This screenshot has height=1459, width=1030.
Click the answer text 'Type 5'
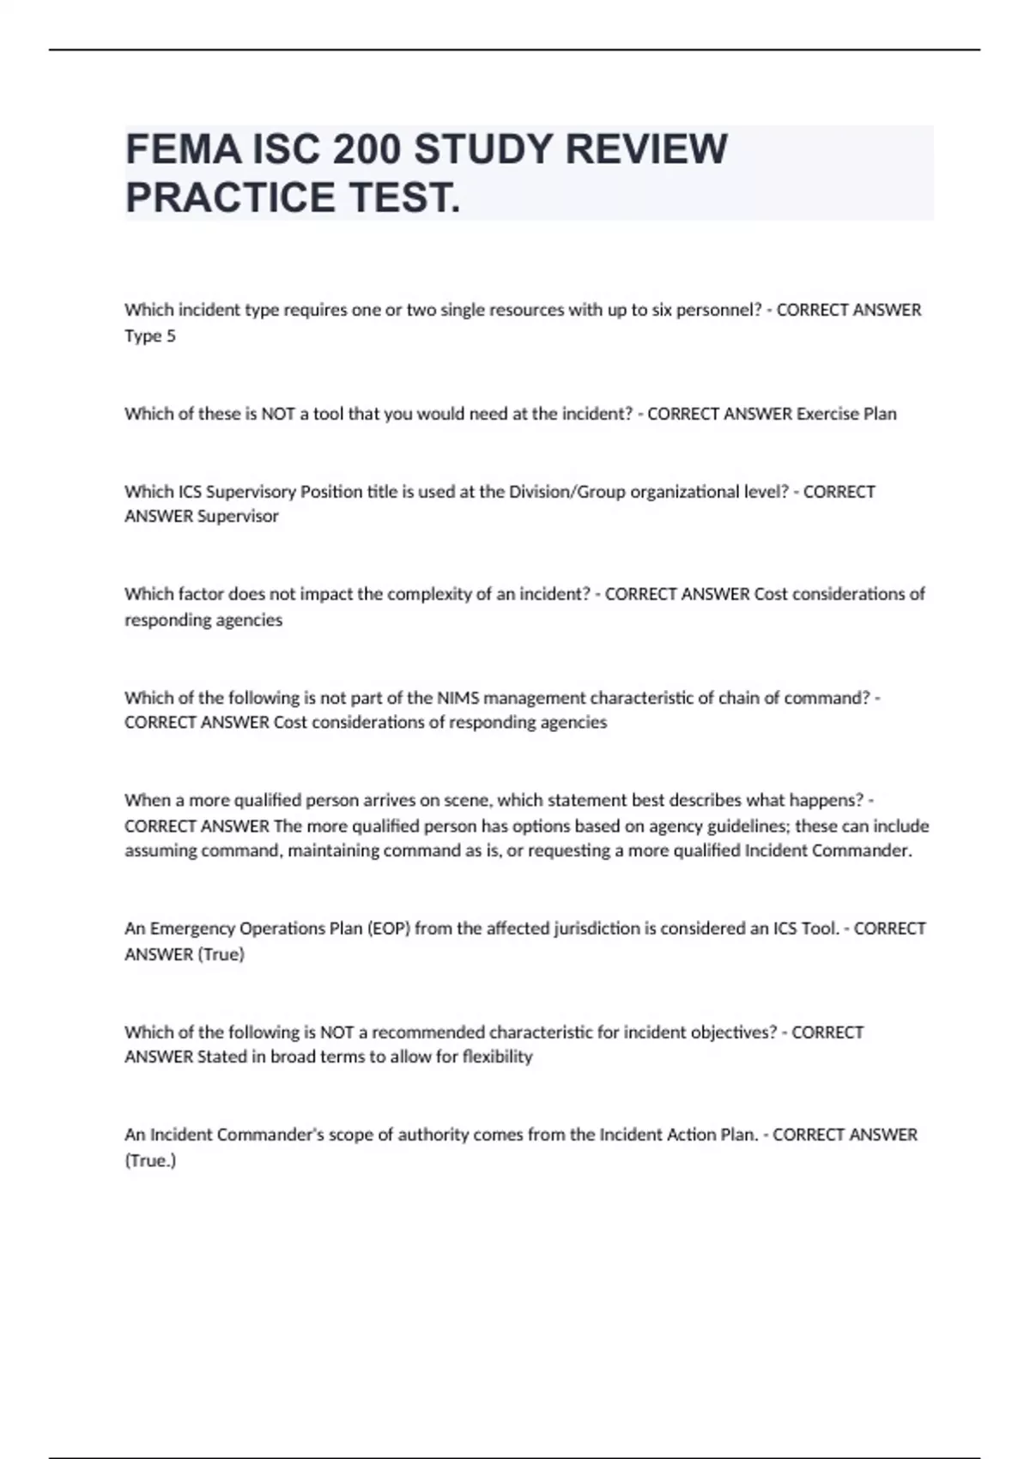150,336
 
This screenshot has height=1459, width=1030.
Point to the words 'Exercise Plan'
846,414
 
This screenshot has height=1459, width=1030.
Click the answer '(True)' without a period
221,954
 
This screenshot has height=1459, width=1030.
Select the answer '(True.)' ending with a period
150,1160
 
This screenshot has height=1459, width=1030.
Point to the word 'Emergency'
192,929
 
